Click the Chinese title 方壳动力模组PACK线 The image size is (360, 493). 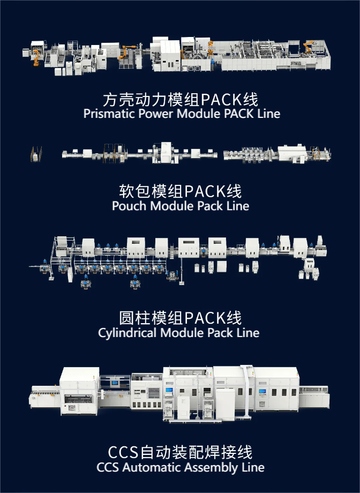180,100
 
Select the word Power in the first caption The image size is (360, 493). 152,114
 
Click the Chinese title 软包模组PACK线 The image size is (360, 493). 180,191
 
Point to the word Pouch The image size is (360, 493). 129,206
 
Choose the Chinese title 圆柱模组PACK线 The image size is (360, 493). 180,318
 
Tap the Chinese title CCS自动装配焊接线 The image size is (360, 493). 180,452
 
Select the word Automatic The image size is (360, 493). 152,467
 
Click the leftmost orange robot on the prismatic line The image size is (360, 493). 36,57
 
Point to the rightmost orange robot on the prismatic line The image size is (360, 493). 309,48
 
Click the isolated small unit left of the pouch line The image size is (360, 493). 35,154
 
